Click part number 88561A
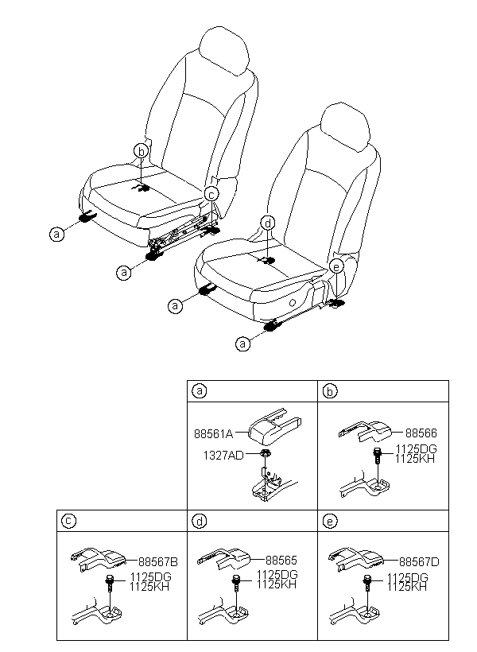pyautogui.click(x=212, y=433)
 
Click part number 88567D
pyautogui.click(x=418, y=561)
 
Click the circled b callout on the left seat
pyautogui.click(x=141, y=151)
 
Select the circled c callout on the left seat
pyautogui.click(x=211, y=193)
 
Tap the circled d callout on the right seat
pyautogui.click(x=268, y=223)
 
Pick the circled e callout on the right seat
pyautogui.click(x=336, y=266)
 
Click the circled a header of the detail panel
pyautogui.click(x=200, y=390)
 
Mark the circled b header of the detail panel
pyautogui.click(x=331, y=390)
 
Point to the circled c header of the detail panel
pyautogui.click(x=69, y=521)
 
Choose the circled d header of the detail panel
pyautogui.click(x=200, y=521)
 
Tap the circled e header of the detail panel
pyautogui.click(x=331, y=521)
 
